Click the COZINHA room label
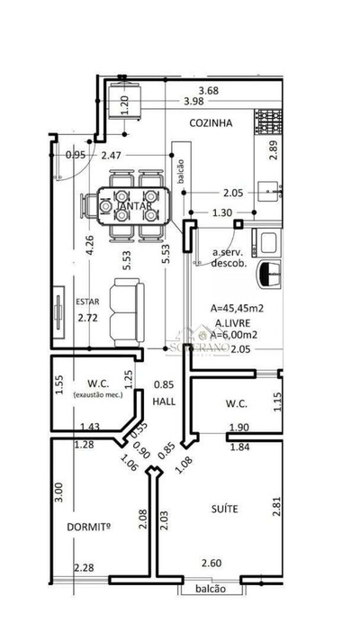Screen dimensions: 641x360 211,123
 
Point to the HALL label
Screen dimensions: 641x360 164,401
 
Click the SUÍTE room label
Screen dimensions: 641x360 226,509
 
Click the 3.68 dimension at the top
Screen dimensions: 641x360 209,90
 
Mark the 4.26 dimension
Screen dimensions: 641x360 88,246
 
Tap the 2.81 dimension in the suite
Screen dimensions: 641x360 277,507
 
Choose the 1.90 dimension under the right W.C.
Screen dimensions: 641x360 238,428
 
